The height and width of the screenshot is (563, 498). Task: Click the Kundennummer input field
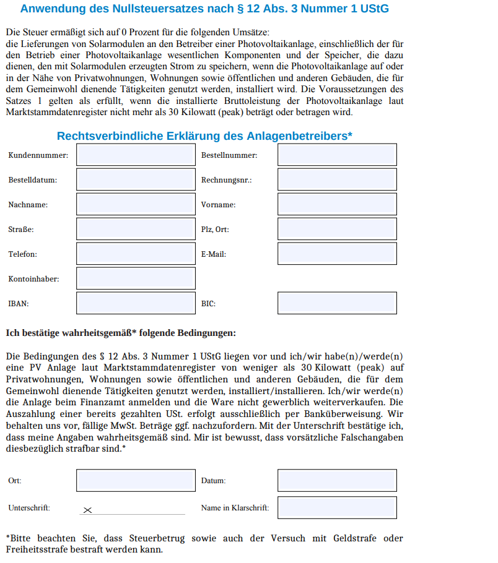136,155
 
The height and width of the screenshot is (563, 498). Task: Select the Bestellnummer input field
337,155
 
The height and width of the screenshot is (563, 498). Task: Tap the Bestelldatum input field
136,179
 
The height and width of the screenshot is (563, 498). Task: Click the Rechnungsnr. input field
337,179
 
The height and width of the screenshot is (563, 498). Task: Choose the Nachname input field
136,204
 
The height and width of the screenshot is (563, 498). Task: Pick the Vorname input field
337,204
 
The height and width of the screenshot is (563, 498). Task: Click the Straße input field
136,229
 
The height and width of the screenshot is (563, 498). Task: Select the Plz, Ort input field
337,229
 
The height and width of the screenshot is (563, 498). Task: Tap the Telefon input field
136,254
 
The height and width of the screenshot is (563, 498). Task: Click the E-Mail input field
337,254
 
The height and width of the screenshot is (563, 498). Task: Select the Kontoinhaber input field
136,278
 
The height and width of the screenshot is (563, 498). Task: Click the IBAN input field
136,303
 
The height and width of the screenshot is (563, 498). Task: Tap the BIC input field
337,303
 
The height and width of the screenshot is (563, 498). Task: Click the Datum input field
337,480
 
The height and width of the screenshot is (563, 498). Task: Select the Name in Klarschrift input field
337,507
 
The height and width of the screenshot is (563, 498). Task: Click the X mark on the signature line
87,510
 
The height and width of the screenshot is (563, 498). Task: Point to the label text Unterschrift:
29,508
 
